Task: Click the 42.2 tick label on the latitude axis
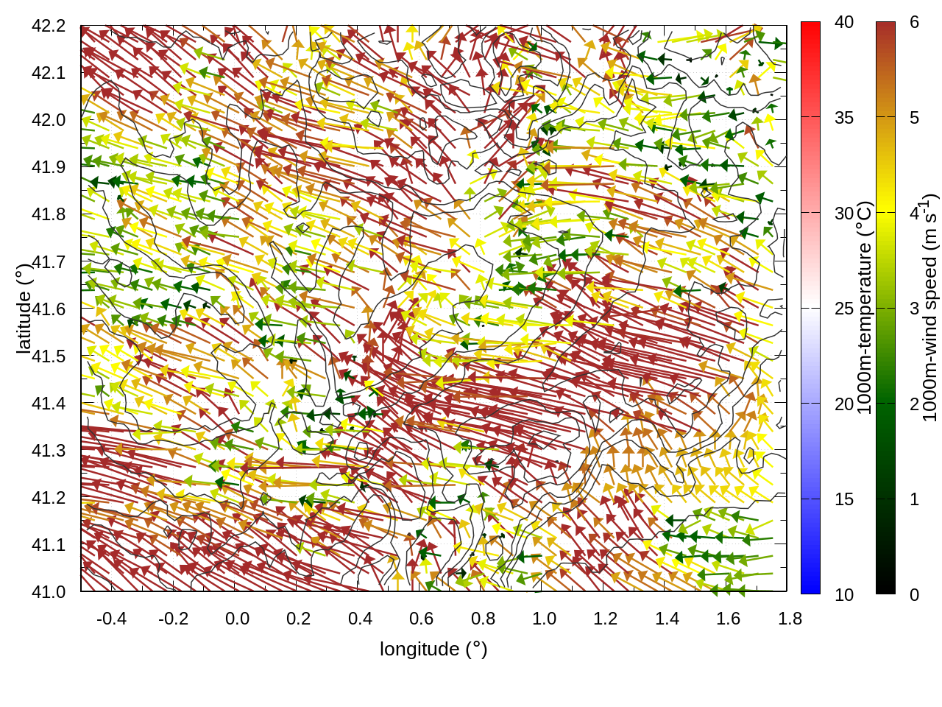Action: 49,26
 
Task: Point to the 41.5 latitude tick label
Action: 49,356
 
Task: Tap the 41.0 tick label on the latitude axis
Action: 49,592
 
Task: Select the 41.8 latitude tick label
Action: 49,214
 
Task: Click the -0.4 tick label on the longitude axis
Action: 111,619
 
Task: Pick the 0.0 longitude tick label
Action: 237,619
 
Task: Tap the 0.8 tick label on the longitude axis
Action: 483,619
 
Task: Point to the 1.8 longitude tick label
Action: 790,619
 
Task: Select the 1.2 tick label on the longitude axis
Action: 606,619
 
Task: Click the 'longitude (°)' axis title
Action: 433,649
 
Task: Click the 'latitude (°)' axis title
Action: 24,309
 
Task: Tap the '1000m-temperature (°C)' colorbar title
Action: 865,308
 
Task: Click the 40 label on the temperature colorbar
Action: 844,22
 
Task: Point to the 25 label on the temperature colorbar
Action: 844,309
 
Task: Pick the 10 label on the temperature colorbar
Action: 844,594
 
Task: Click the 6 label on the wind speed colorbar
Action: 914,22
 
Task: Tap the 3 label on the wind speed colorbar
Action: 914,309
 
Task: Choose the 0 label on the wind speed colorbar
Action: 914,594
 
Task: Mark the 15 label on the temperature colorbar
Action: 844,499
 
